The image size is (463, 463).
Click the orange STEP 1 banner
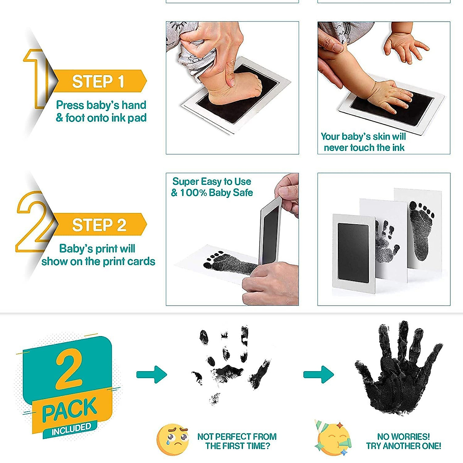(x=98, y=81)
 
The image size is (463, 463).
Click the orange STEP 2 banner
(x=99, y=225)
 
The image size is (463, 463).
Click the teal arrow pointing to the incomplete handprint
(x=152, y=374)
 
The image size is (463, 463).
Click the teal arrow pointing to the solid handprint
(x=318, y=374)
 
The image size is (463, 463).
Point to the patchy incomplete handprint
(x=230, y=367)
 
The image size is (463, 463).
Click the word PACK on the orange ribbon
(x=69, y=410)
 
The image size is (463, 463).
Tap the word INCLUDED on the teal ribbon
(x=71, y=429)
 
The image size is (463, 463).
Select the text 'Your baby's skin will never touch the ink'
(x=363, y=142)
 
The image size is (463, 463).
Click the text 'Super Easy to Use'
(x=211, y=181)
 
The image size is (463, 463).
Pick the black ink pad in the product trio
(x=353, y=253)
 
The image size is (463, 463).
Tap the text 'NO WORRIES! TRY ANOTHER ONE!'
(x=403, y=441)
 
